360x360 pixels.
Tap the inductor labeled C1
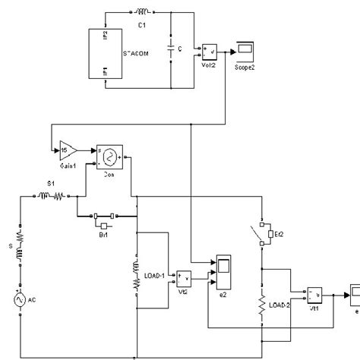coord(141,13)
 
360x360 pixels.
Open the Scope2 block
coord(245,51)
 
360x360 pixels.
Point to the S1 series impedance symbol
coord(55,197)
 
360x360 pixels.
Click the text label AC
coord(33,300)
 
